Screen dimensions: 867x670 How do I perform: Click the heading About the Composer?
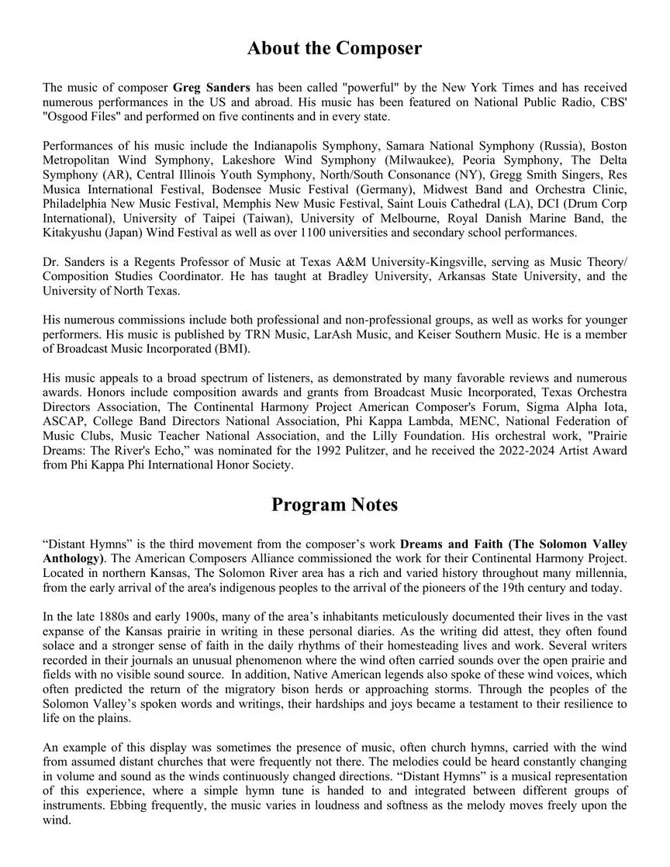pyautogui.click(x=334, y=48)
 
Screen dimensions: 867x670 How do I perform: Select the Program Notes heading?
pyautogui.click(x=334, y=505)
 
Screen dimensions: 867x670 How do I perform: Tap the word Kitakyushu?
pyautogui.click(x=74, y=233)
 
